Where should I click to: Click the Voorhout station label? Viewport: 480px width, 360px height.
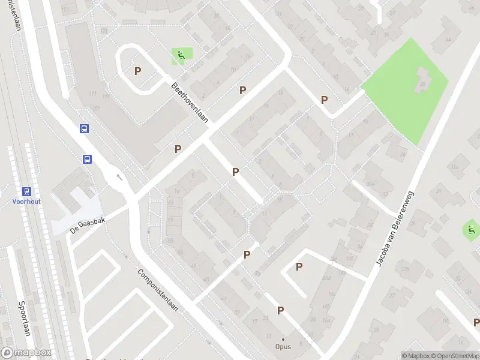click(x=26, y=202)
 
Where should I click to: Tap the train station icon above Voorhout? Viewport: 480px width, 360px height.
click(x=26, y=191)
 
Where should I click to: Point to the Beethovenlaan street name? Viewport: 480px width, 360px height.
click(x=189, y=103)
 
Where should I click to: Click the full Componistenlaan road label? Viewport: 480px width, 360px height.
click(x=158, y=290)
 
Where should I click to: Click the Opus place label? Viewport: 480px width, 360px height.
click(x=283, y=347)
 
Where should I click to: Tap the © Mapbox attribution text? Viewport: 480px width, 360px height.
click(x=415, y=355)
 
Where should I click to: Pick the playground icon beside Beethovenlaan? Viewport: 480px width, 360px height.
click(x=180, y=56)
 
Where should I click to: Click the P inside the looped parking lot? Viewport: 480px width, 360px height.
click(x=138, y=71)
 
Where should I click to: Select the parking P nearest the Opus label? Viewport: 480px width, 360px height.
click(x=280, y=310)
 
